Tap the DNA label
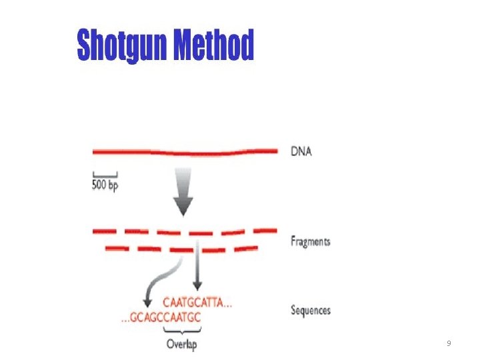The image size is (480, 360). coord(301,151)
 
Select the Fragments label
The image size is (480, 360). coord(310,241)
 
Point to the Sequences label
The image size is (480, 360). coord(311,310)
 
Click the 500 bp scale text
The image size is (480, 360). coord(105,185)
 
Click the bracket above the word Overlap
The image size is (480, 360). coord(182,331)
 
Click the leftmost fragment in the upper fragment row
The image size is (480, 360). coord(105,231)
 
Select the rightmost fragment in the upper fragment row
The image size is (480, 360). coord(265,230)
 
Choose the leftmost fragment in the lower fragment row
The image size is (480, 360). coord(117,249)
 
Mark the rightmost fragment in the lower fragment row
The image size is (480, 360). coord(245,248)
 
